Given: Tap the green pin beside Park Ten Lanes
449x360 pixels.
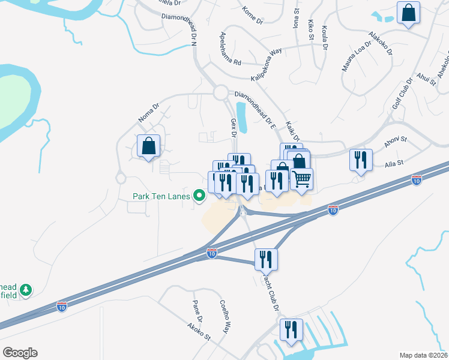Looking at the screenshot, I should pos(199,196).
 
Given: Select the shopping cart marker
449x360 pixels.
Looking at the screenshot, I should pos(302,178).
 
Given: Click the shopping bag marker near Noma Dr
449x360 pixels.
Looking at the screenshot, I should pos(148,146).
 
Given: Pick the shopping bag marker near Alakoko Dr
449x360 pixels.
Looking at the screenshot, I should pos(408,13).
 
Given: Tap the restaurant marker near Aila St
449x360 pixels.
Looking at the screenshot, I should pos(361,160).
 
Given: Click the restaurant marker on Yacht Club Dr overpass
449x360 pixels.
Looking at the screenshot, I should pos(265,259).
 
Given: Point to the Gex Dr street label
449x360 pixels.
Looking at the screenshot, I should pos(234,127).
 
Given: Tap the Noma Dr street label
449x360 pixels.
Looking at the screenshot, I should pos(148,113).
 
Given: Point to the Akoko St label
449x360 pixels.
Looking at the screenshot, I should pos(199,332).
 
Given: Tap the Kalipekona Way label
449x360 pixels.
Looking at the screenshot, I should pos(266,65).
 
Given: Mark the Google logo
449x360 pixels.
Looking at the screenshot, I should pos(20,352).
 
